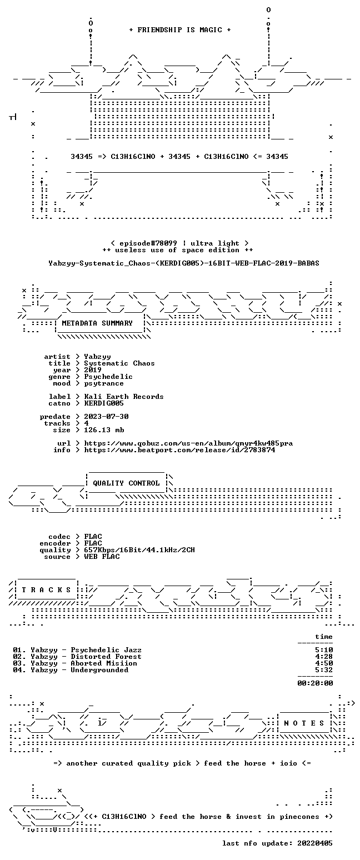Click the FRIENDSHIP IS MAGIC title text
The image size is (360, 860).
[180, 30]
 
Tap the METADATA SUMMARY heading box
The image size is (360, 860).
[97, 323]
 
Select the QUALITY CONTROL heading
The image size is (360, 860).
[126, 483]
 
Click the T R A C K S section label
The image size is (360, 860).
[47, 589]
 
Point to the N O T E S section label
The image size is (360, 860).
[304, 723]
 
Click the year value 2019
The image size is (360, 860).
[93, 370]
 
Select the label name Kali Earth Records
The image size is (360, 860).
[124, 397]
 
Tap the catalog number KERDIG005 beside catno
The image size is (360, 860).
[104, 403]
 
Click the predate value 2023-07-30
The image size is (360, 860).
[106, 417]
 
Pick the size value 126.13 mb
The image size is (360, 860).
[104, 430]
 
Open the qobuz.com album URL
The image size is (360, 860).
[188, 443]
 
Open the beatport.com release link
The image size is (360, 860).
[179, 450]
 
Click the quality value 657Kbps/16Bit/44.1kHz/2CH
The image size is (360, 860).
[139, 550]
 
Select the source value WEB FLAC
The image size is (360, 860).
[102, 556]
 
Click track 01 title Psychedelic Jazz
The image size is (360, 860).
[106, 650]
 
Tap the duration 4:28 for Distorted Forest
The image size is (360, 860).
[324, 657]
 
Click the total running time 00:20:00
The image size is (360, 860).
[315, 683]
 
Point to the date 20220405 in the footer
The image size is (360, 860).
[315, 843]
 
